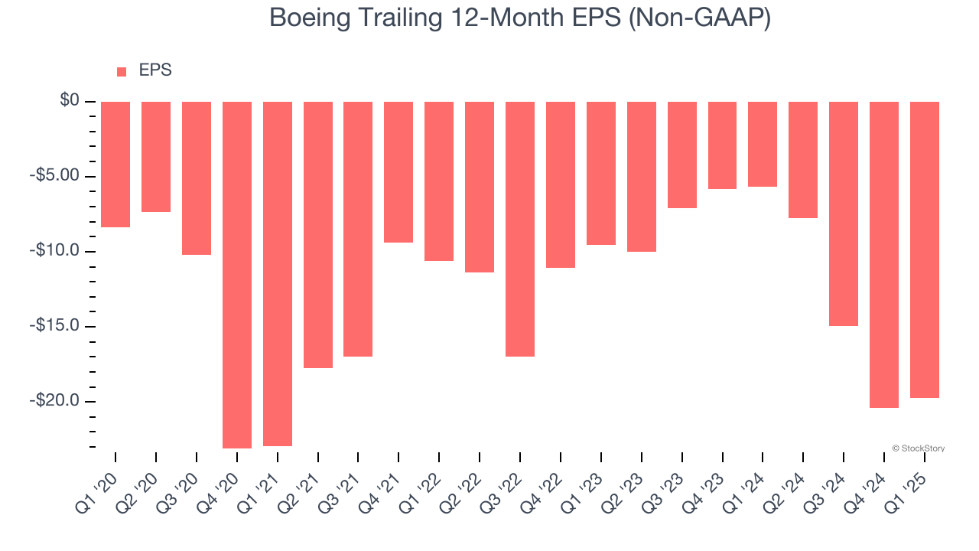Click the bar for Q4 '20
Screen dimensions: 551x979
point(237,275)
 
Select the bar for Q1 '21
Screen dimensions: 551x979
point(278,274)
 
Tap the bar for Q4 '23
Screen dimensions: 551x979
point(722,145)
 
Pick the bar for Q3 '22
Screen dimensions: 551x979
point(520,229)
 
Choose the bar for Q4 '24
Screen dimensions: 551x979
point(884,255)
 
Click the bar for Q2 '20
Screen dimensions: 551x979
point(156,157)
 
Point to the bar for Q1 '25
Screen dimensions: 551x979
point(925,249)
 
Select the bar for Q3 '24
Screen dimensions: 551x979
point(844,214)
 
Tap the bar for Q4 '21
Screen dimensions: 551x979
point(398,172)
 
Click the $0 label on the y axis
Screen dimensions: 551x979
point(70,101)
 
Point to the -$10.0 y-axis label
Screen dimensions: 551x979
point(57,251)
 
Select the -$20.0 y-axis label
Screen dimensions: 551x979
point(57,401)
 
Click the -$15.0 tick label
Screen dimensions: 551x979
point(57,326)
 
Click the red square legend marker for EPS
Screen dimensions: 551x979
point(122,72)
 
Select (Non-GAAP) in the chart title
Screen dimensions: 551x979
point(698,18)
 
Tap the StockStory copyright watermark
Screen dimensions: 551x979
point(918,448)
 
